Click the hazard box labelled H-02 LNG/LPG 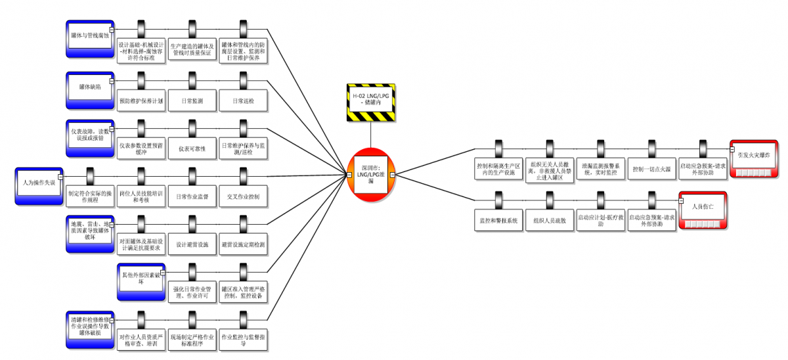(371, 102)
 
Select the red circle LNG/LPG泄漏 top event (370, 175)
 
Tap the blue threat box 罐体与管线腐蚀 (91, 35)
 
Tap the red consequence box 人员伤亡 (703, 208)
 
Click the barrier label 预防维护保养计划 (141, 101)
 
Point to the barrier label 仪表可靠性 (192, 148)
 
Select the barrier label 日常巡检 (243, 101)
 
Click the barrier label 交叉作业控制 (243, 196)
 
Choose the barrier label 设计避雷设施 (192, 244)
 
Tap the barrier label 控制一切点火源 (651, 169)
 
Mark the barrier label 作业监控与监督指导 (243, 340)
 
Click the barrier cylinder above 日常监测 (192, 79)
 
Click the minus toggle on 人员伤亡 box (682, 200)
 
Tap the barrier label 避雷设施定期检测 (243, 244)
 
